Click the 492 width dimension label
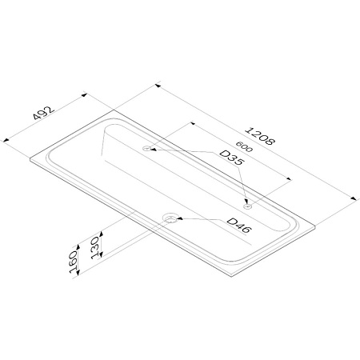coord(43,113)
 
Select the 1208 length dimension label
coord(259,136)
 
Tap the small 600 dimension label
coord(244,146)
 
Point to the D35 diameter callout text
coord(231,158)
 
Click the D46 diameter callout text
coord(239,226)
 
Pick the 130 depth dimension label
coord(95,248)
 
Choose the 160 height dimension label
coord(74,262)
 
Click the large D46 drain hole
coord(170,218)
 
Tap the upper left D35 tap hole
coord(146,148)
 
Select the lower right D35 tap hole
coord(247,206)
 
